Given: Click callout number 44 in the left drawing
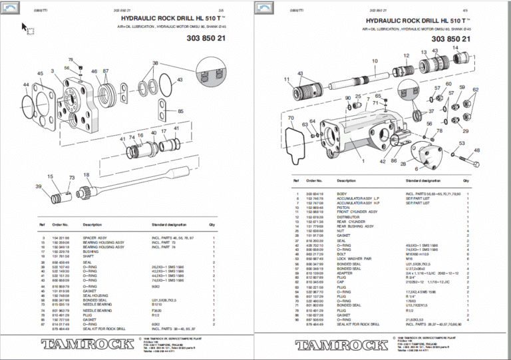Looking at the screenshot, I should pyautogui.click(x=26, y=85).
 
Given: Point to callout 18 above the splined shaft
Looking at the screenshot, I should pyautogui.click(x=86, y=174).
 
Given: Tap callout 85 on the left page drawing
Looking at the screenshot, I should pyautogui.click(x=180, y=111).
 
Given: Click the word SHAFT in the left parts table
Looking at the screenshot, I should pyautogui.click(x=88, y=256).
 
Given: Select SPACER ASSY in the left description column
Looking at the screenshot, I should pyautogui.click(x=94, y=237).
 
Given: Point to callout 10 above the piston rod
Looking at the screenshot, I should pyautogui.click(x=375, y=61).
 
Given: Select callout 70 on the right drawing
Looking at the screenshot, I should pyautogui.click(x=291, y=118).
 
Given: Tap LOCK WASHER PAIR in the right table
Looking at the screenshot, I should pyautogui.click(x=357, y=258).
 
